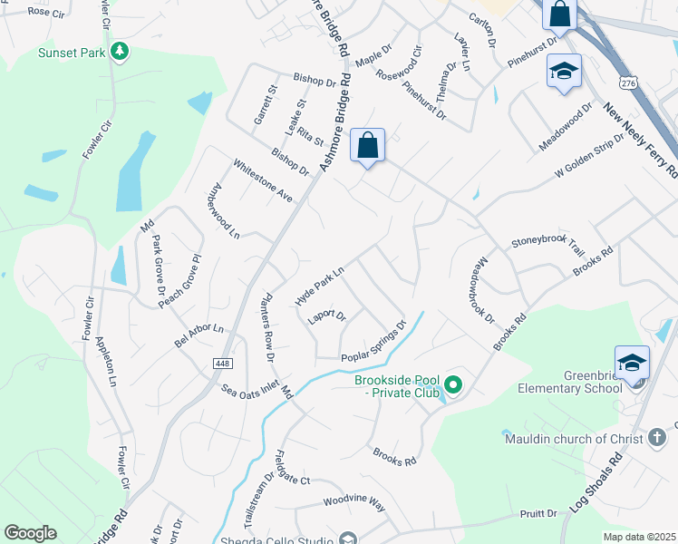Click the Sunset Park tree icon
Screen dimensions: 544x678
tap(119, 51)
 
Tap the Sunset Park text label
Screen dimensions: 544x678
tap(71, 53)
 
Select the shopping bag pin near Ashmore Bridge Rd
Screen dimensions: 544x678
tap(368, 145)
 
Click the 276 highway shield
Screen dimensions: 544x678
tap(627, 82)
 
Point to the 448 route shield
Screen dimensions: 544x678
tap(221, 364)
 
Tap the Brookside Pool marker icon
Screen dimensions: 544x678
tap(454, 386)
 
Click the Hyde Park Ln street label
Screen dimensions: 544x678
tap(320, 286)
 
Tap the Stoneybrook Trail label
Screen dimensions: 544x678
tap(549, 243)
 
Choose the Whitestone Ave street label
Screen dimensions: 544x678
tap(263, 180)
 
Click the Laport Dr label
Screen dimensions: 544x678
tap(327, 316)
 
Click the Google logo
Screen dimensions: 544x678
tap(30, 533)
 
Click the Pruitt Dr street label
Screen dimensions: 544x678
tap(538, 513)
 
